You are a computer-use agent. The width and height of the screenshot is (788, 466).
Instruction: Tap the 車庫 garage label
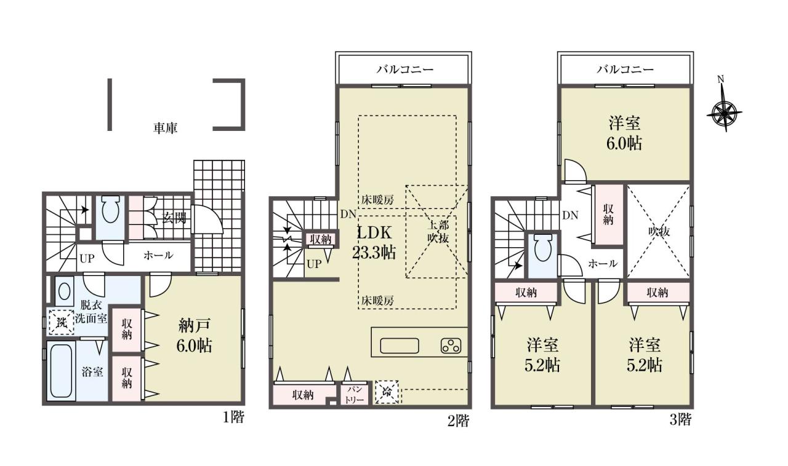pyautogui.click(x=165, y=128)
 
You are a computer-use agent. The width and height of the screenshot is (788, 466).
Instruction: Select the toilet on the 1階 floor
pyautogui.click(x=110, y=210)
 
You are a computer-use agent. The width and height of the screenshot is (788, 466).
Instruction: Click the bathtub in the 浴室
pyautogui.click(x=61, y=371)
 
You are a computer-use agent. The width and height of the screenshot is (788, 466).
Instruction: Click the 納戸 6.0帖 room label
pyautogui.click(x=194, y=336)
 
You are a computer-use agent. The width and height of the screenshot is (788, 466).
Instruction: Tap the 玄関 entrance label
pyautogui.click(x=174, y=218)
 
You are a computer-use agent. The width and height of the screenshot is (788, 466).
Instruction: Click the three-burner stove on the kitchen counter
pyautogui.click(x=451, y=346)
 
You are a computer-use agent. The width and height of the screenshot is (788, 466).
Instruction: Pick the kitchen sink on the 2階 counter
pyautogui.click(x=400, y=346)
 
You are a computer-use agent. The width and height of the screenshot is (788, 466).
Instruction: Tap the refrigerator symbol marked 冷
pyautogui.click(x=387, y=392)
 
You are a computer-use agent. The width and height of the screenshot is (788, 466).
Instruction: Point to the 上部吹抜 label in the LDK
pyautogui.click(x=438, y=231)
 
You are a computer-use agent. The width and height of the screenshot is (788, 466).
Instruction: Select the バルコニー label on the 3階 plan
pyautogui.click(x=625, y=69)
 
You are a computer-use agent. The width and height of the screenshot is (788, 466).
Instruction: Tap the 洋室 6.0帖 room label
pyautogui.click(x=624, y=133)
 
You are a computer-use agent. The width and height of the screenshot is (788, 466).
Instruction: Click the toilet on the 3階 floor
pyautogui.click(x=543, y=248)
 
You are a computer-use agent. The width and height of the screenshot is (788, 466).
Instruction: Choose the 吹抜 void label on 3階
pyautogui.click(x=659, y=231)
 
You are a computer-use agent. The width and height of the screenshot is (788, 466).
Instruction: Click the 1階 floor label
pyautogui.click(x=233, y=417)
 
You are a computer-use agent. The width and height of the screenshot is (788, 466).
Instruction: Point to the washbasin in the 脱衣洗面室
pyautogui.click(x=64, y=291)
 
